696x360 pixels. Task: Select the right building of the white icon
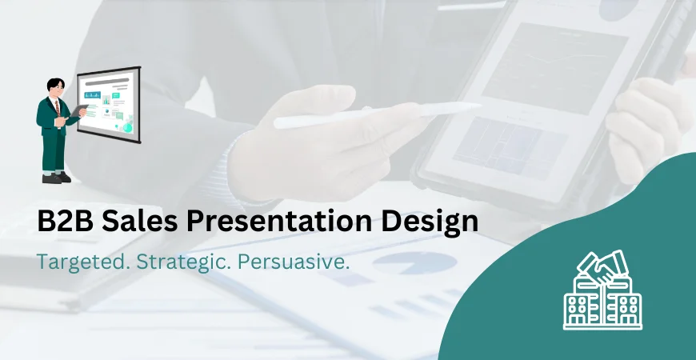625,307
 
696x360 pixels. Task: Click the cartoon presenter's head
54,87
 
